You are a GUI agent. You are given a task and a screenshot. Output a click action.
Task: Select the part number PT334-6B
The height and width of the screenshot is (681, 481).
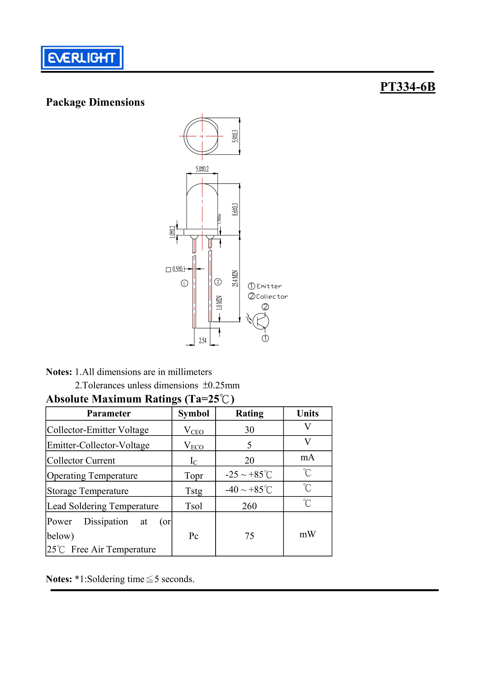point(408,87)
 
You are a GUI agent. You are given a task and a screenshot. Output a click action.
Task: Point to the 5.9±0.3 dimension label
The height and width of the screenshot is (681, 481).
point(235,136)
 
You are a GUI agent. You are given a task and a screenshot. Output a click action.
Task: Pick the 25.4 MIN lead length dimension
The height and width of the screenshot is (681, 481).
point(235,279)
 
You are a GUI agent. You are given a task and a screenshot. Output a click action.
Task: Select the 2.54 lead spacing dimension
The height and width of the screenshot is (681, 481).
point(203,341)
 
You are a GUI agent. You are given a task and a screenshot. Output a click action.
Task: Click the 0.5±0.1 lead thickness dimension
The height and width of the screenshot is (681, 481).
point(179,269)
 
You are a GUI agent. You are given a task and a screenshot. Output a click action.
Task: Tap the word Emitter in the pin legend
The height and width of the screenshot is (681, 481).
point(269,286)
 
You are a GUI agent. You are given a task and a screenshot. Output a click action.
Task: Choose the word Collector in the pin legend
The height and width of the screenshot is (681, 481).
point(272,297)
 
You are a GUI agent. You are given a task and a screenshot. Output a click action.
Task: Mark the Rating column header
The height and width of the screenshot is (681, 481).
point(249,414)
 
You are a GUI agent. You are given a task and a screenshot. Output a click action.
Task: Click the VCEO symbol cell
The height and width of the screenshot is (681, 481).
point(194,430)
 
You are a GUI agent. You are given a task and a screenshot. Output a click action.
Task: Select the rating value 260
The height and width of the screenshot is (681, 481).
point(249,506)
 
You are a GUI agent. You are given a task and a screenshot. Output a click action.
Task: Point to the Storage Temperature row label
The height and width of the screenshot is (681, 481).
point(88,491)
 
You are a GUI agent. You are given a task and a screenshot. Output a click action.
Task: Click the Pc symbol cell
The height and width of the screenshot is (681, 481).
point(194,536)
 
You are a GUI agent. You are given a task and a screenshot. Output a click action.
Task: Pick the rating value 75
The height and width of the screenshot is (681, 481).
point(249,536)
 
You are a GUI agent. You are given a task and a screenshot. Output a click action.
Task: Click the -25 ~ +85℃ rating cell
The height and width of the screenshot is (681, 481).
point(249,475)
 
